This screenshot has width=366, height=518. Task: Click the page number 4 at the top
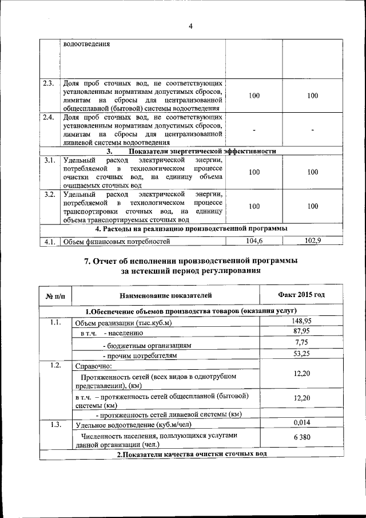coord(190,26)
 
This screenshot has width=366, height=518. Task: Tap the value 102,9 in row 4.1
coord(312,241)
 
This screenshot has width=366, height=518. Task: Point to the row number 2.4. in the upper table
coord(48,117)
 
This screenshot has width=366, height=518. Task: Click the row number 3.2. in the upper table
coord(48,195)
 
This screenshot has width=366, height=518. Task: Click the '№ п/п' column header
coord(56,296)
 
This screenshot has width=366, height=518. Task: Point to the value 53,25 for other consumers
coord(301,354)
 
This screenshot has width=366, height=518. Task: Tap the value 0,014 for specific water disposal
coord(301,422)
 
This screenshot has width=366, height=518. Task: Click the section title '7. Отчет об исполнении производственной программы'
coord(190,261)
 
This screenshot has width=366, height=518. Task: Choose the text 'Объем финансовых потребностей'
coord(117,242)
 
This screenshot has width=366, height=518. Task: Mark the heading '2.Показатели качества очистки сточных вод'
coord(192,454)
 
